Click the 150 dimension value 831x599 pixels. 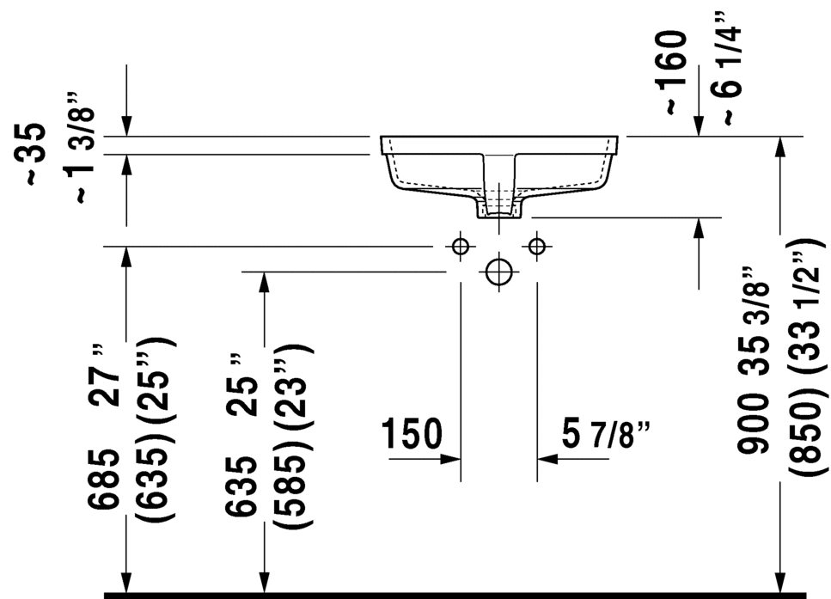pyautogui.click(x=412, y=433)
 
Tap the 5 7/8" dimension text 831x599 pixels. pyautogui.click(x=606, y=434)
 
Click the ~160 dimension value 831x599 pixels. pyautogui.click(x=671, y=72)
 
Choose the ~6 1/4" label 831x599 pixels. pyautogui.click(x=725, y=69)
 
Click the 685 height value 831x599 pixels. pyautogui.click(x=104, y=480)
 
